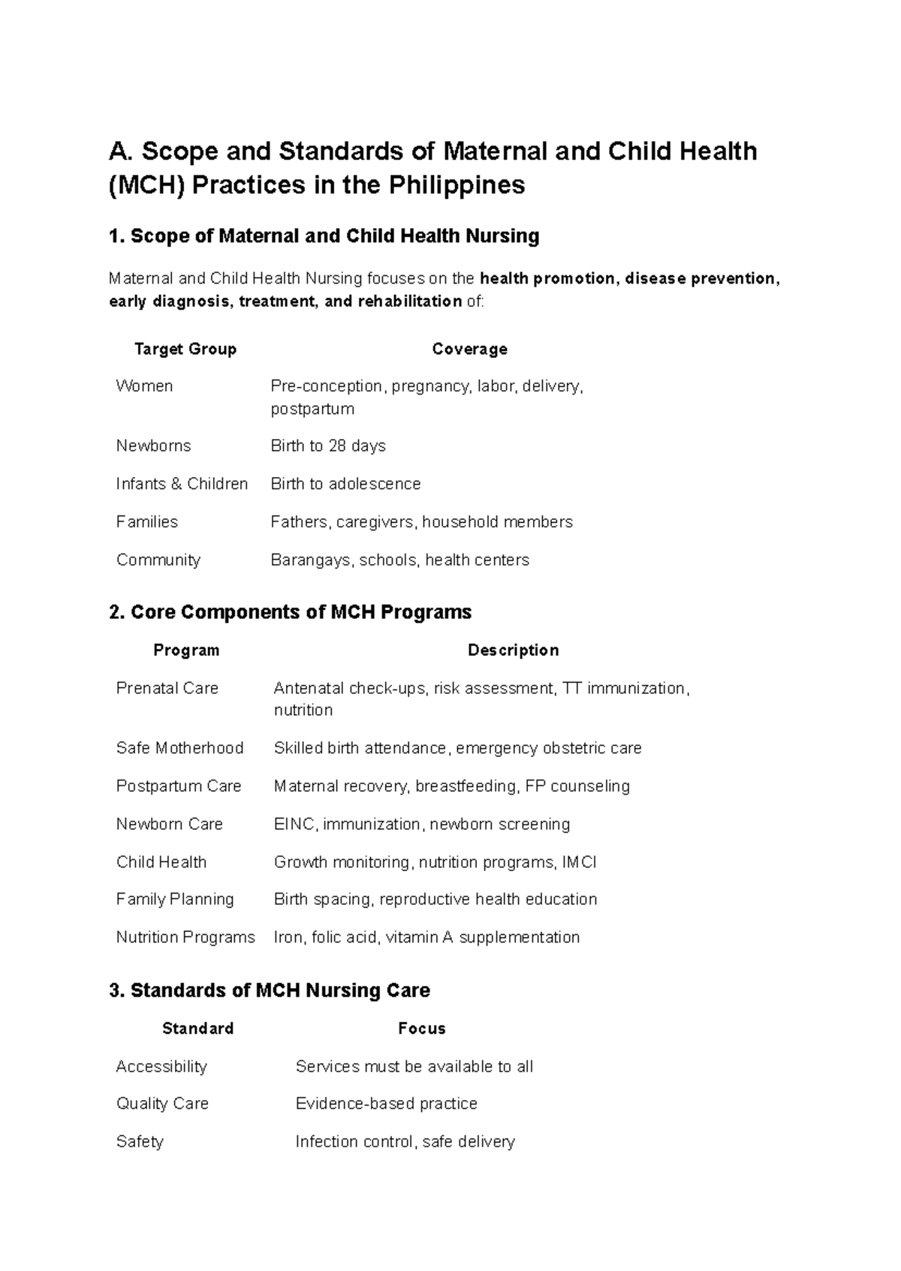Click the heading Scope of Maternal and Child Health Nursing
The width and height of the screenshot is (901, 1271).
click(324, 236)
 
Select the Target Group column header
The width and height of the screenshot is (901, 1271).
click(185, 349)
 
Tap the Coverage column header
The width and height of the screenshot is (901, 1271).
click(469, 349)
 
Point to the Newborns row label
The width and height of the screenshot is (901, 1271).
click(153, 446)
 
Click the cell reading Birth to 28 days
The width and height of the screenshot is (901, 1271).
click(328, 446)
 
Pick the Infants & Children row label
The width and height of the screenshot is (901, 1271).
click(182, 484)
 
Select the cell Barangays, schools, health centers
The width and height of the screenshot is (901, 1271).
click(399, 560)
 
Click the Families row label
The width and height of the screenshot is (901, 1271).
click(147, 521)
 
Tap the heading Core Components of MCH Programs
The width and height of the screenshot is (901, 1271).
click(290, 612)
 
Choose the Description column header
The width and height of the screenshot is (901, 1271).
click(513, 650)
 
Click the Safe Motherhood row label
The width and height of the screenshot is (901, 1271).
click(179, 748)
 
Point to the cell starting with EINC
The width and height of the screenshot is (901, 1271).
click(421, 824)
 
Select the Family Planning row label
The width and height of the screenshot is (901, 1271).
click(175, 899)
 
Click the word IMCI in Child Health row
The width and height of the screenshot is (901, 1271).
click(579, 862)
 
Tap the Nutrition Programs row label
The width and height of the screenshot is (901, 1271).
click(185, 937)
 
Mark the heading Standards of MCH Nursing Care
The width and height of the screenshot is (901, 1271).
click(270, 990)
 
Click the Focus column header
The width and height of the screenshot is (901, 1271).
click(421, 1028)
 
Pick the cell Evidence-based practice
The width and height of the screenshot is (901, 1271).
click(386, 1103)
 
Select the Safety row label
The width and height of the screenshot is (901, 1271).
click(140, 1141)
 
